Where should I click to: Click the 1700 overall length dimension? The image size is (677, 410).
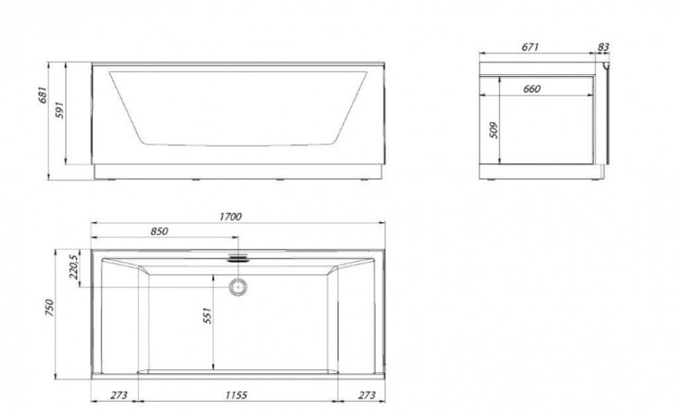point(230,217)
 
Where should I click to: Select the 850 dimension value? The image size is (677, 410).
point(159,231)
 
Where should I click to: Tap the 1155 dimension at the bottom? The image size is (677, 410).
point(236,395)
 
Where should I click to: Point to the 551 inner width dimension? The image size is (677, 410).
point(208,316)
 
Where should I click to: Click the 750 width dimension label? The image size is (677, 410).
point(50,308)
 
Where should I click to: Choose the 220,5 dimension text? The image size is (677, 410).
point(73,266)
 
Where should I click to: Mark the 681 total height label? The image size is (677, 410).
point(42,95)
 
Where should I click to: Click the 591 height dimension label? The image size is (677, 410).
point(60,110)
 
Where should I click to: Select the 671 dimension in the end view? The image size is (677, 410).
point(530,47)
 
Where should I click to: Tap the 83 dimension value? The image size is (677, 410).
point(603,47)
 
